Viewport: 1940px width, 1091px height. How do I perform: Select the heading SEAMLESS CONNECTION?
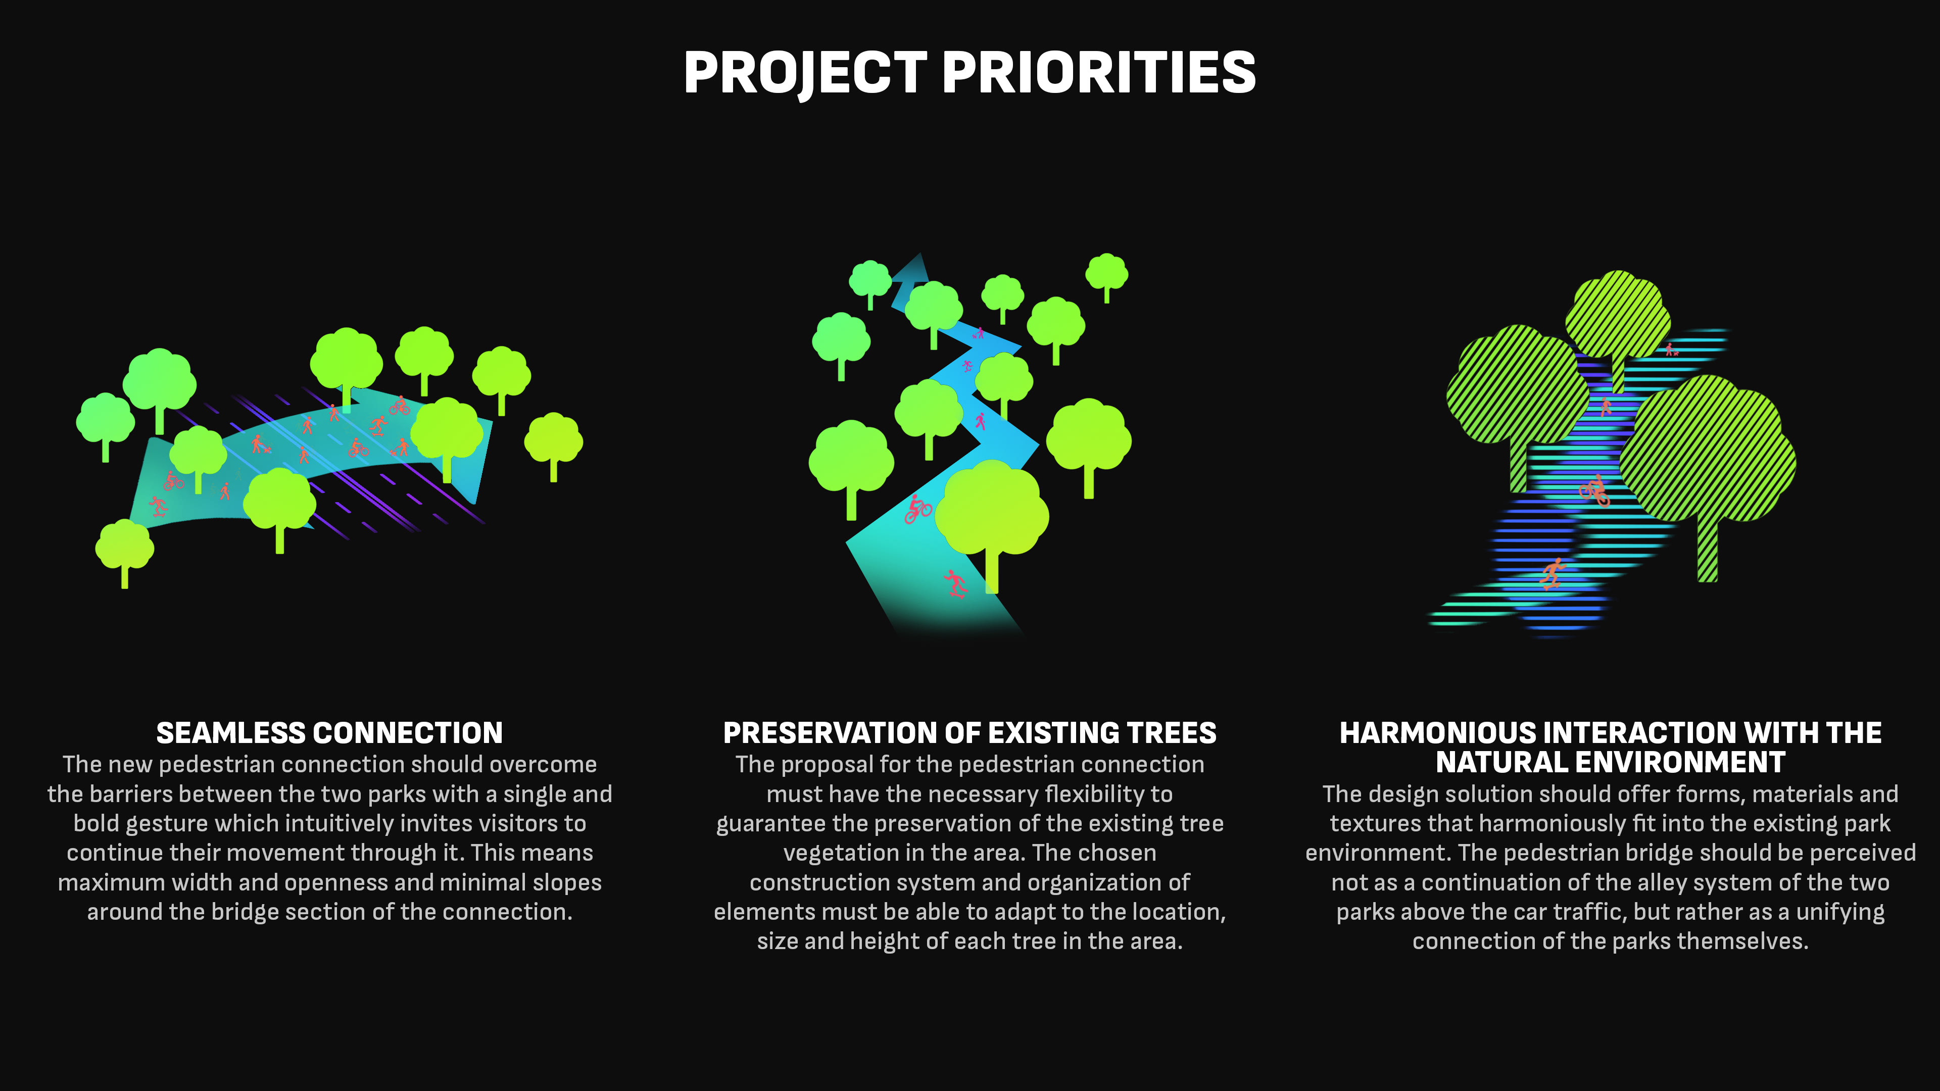[329, 732]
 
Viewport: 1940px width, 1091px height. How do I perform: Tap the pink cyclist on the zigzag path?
[917, 510]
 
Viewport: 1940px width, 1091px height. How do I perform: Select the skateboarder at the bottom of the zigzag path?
[955, 583]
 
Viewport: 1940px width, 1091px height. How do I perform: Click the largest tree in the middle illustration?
[992, 520]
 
